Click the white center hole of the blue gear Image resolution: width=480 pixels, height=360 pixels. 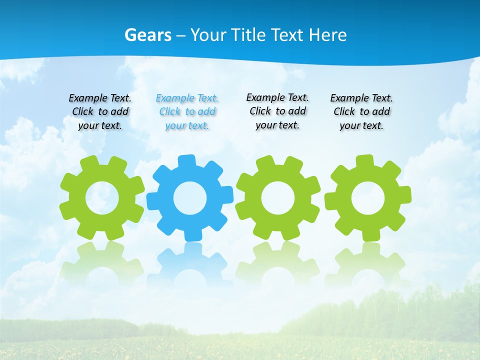(x=190, y=198)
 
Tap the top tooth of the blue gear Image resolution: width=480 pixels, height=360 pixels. (x=186, y=161)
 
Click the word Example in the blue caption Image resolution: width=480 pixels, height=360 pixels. (x=175, y=98)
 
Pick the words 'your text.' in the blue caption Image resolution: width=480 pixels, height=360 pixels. (x=187, y=125)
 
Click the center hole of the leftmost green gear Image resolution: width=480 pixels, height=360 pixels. (x=102, y=198)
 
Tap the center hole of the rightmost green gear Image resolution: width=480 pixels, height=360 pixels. (x=367, y=198)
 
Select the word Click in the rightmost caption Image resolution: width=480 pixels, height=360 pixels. (x=344, y=112)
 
